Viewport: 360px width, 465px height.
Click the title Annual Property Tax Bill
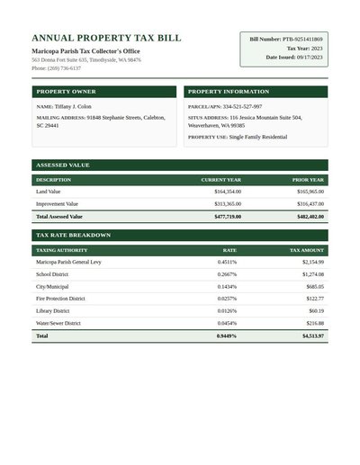(x=106, y=39)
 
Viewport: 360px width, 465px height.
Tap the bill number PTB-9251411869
(x=301, y=40)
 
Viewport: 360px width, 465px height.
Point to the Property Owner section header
(x=65, y=92)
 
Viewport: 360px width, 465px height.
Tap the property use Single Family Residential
(x=258, y=137)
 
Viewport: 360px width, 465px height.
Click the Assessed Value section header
(x=62, y=165)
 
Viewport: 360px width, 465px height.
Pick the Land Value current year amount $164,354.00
(x=228, y=192)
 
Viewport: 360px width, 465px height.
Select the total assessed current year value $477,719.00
(x=228, y=217)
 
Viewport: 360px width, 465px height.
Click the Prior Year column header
(x=308, y=180)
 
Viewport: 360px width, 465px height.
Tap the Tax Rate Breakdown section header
(x=73, y=235)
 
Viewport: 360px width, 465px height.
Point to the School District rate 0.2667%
(x=227, y=274)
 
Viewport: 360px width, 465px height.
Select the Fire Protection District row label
(x=60, y=299)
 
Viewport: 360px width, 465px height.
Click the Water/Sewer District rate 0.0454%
(x=227, y=323)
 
